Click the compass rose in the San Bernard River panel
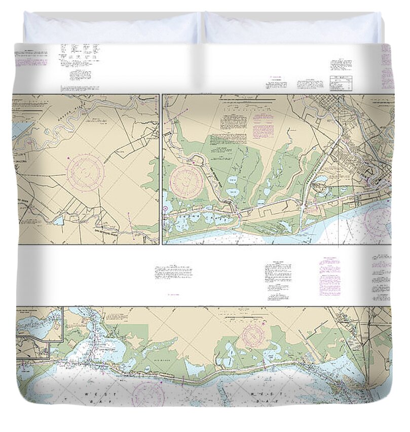86,173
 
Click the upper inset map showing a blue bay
40,324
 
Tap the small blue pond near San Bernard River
58,221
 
